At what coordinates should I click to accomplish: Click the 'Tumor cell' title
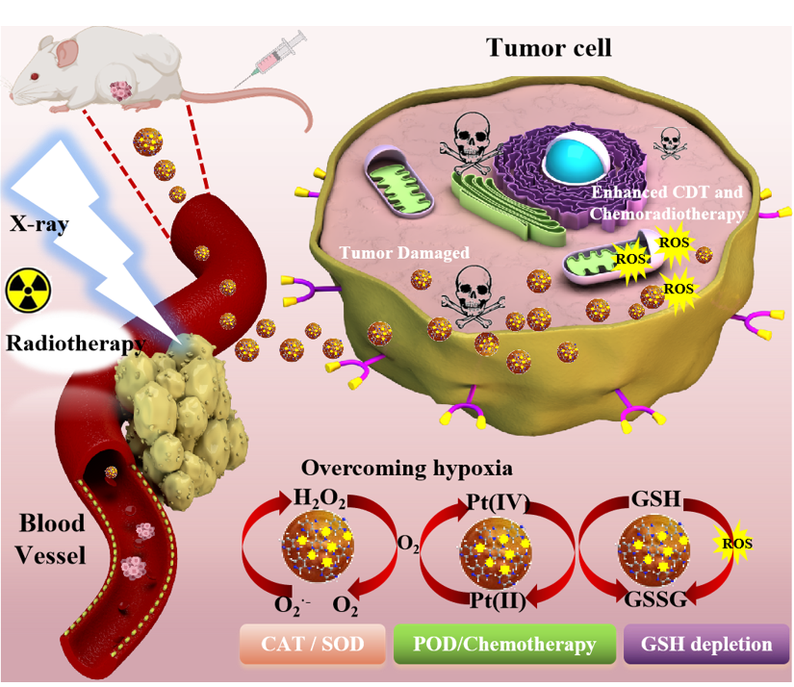tap(549, 47)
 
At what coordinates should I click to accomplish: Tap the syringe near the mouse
tap(276, 55)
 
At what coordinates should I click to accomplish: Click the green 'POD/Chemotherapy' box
tap(506, 644)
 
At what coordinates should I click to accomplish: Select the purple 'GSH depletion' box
tap(706, 644)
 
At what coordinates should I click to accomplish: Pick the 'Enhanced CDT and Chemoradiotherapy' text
tap(667, 205)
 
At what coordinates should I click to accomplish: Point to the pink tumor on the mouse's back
tap(121, 92)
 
